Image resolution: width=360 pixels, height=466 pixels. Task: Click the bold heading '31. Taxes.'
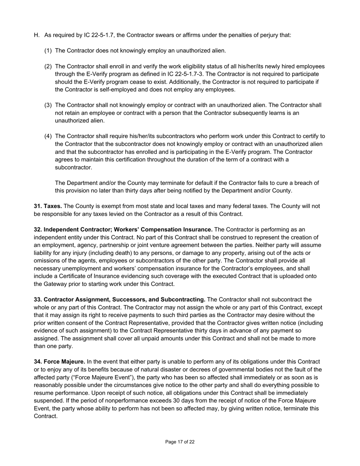48,206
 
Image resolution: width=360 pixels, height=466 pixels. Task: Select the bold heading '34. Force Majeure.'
59,362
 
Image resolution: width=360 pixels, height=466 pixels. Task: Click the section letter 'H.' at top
37,35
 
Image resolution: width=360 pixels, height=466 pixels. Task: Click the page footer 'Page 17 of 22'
180,442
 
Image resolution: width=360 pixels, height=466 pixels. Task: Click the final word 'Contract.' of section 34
45,416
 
